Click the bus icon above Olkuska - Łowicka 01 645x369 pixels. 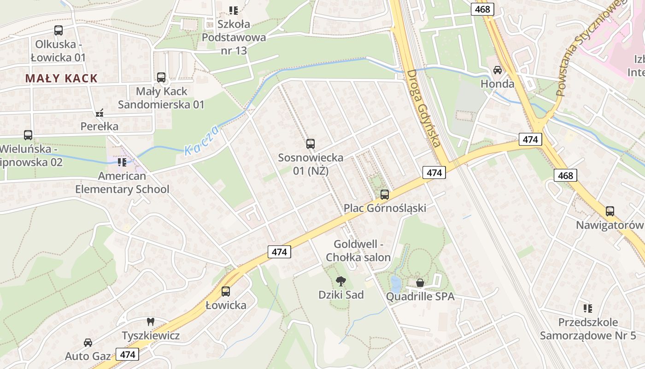(59, 30)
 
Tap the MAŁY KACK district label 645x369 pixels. (62, 78)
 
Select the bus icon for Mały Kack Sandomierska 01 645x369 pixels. (161, 77)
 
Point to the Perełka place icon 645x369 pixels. (100, 113)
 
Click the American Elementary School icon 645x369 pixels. (122, 162)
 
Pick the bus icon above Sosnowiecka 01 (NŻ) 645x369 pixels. (311, 144)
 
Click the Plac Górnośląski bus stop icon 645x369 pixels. (385, 195)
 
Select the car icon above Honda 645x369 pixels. (498, 70)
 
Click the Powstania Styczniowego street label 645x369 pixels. (586, 48)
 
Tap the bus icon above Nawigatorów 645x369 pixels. (610, 211)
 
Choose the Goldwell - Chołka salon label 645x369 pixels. (358, 251)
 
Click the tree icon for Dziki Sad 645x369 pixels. (341, 280)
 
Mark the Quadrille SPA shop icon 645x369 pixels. (420, 282)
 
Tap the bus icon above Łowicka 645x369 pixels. (226, 292)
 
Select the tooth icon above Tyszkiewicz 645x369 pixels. (150, 321)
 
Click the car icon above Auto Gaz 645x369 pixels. (88, 342)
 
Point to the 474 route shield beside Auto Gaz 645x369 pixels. (127, 354)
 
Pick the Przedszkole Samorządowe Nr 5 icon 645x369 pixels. (587, 308)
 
